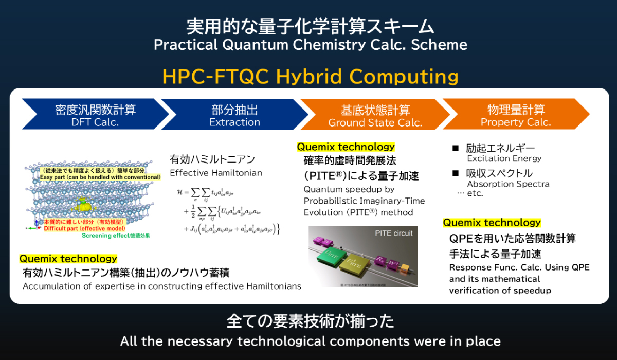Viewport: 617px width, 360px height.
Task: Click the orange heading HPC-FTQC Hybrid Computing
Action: pos(310,77)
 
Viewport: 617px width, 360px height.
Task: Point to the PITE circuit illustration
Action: pos(362,256)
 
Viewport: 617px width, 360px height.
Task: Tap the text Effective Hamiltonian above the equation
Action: pos(216,173)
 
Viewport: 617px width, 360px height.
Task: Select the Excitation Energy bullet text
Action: pos(504,158)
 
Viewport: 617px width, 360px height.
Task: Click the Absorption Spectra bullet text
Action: pos(508,184)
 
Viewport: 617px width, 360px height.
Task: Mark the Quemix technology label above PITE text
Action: pos(346,147)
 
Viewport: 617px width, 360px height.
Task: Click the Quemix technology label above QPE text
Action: pos(492,223)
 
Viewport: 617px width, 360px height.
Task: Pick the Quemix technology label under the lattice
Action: pos(68,259)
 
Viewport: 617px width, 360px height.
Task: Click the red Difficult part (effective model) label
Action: pos(84,228)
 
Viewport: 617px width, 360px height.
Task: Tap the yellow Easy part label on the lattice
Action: pos(100,177)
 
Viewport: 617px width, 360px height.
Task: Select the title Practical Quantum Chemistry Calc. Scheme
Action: pos(310,44)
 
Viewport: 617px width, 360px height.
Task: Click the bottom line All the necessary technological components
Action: pos(310,341)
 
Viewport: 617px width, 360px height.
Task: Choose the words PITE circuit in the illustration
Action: pos(394,233)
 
